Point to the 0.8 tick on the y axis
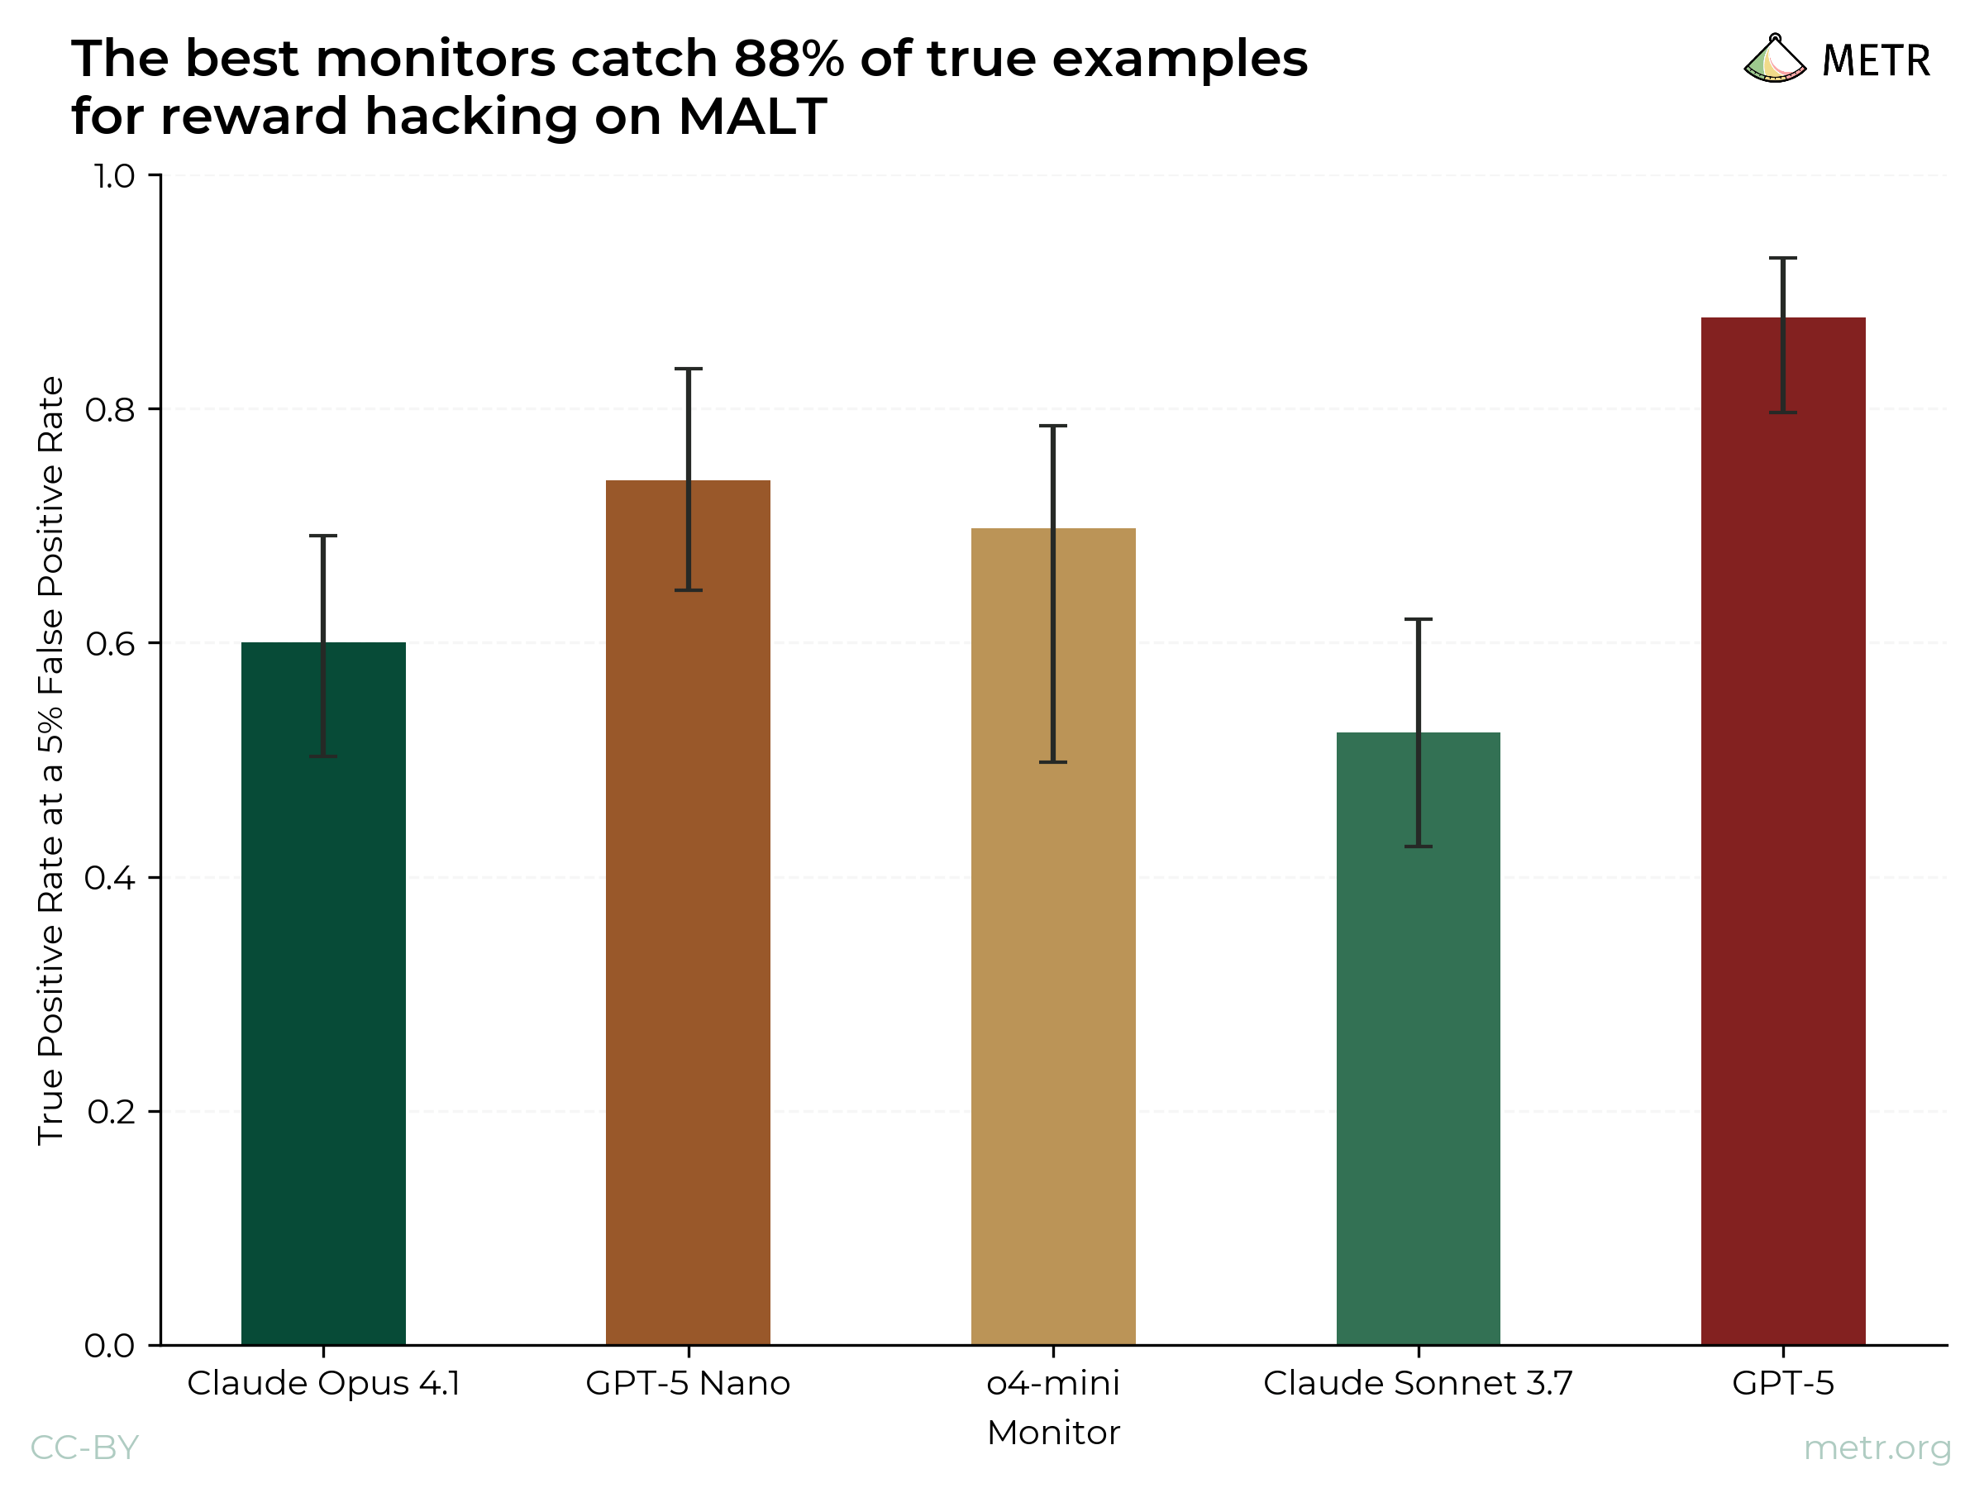pyautogui.click(x=109, y=410)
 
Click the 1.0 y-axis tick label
pyautogui.click(x=114, y=177)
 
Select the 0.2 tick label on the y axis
pyautogui.click(x=112, y=1112)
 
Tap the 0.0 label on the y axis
pyautogui.click(x=109, y=1345)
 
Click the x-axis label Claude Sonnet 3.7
pyautogui.click(x=1418, y=1384)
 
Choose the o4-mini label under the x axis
pyautogui.click(x=1053, y=1384)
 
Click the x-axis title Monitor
pyautogui.click(x=1053, y=1433)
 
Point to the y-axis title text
pyautogui.click(x=50, y=760)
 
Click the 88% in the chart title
pyautogui.click(x=789, y=60)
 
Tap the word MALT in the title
pyautogui.click(x=751, y=117)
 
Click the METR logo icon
pyautogui.click(x=1774, y=60)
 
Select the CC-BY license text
pyautogui.click(x=84, y=1447)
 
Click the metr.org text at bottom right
pyautogui.click(x=1877, y=1447)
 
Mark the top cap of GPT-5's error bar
pyautogui.click(x=1783, y=258)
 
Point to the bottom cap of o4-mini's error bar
pyautogui.click(x=1053, y=762)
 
